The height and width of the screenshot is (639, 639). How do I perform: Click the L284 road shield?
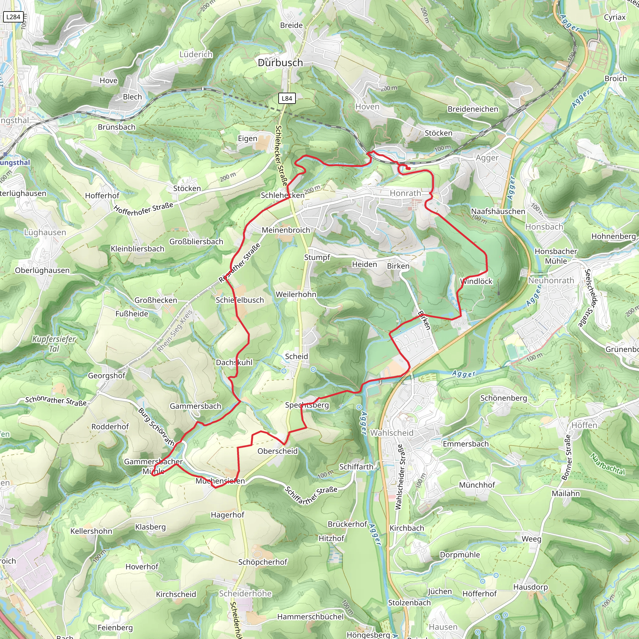pos(13,17)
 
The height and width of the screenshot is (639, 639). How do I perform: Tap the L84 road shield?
pos(286,98)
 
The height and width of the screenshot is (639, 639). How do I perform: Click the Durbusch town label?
pos(280,62)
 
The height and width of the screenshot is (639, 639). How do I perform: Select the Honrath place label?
pos(405,193)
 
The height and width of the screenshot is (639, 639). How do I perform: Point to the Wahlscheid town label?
pos(392,433)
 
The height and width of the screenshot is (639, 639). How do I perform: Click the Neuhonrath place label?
pos(551,280)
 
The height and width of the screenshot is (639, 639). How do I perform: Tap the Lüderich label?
pos(196,54)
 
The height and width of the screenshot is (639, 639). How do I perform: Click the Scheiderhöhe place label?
pos(246,594)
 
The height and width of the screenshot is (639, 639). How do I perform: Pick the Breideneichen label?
pos(473,109)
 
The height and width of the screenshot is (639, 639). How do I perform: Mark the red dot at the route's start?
pos(409,168)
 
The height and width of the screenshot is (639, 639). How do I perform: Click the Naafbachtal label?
pos(607,464)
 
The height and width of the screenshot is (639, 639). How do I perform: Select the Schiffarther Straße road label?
pos(311,495)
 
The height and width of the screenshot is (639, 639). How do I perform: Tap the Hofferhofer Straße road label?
pos(144,209)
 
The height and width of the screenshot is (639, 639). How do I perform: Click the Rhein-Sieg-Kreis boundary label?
pos(175,331)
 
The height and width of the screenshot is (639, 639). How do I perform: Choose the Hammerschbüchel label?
pos(310,617)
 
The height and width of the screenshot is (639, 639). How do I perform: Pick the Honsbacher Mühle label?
pos(556,256)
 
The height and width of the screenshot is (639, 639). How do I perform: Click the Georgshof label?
pos(106,376)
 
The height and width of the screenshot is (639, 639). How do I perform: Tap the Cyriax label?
pos(615,17)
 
